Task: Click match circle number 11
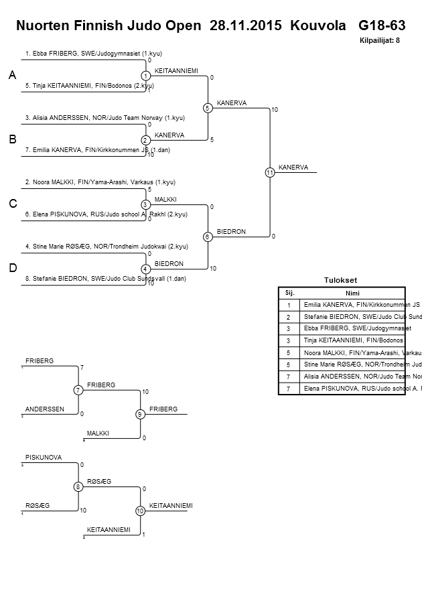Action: click(269, 172)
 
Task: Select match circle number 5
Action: click(208, 108)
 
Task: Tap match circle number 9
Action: click(140, 414)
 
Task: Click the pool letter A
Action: click(12, 76)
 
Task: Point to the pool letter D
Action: click(12, 268)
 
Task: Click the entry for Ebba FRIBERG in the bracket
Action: click(93, 53)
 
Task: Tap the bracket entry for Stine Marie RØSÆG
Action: click(106, 247)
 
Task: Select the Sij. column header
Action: click(289, 293)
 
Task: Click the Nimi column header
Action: click(352, 293)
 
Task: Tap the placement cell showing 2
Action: click(289, 316)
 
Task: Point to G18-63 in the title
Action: click(382, 26)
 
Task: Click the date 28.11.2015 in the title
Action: click(247, 26)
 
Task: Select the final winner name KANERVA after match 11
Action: click(293, 168)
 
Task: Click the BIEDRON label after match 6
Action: click(231, 232)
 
